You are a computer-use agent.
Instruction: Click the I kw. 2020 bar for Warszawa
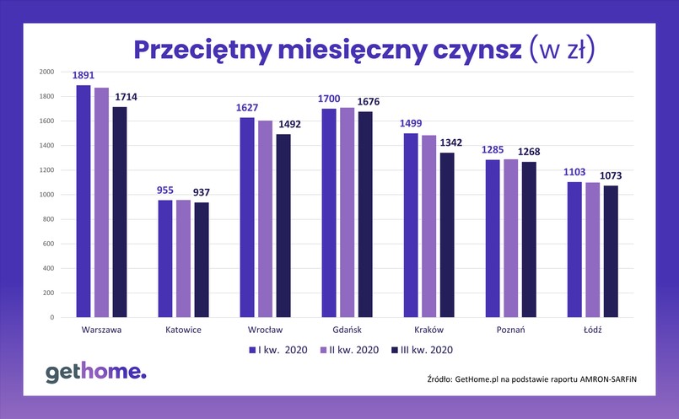coord(83,201)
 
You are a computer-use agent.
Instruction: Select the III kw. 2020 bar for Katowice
coord(201,260)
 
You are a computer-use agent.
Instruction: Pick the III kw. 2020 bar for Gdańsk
coord(364,214)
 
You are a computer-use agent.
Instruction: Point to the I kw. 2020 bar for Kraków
coord(411,225)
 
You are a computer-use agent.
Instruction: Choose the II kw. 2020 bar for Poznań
coord(510,239)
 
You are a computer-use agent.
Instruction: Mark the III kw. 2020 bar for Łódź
coord(610,251)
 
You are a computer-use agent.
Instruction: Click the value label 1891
coord(83,76)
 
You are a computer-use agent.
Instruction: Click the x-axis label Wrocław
coord(265,330)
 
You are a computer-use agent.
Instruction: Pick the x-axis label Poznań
coord(510,330)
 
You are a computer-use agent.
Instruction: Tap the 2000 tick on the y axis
coord(46,72)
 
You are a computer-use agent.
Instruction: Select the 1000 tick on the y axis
coord(46,195)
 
